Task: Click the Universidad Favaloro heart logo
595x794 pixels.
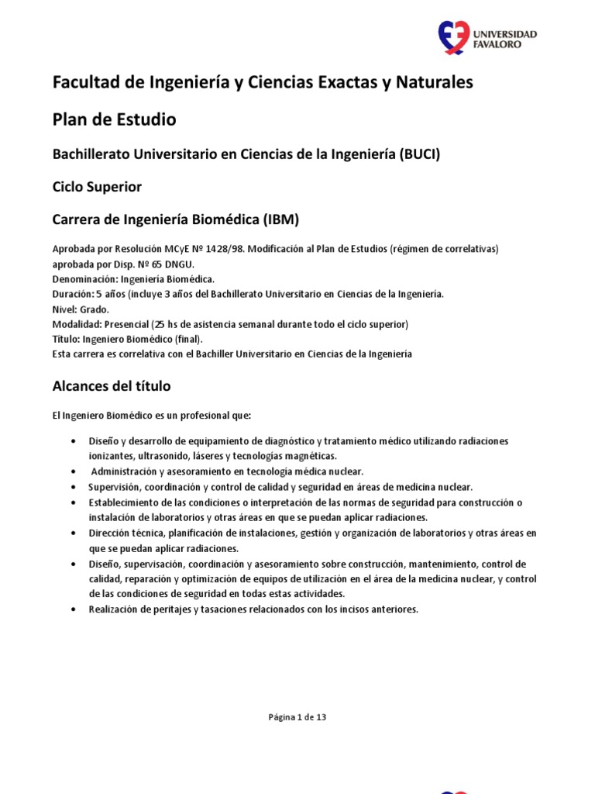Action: [x=454, y=38]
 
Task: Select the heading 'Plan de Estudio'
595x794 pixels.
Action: [x=114, y=119]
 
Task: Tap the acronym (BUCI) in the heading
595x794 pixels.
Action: [x=419, y=154]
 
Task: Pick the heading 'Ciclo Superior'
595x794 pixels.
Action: [x=97, y=187]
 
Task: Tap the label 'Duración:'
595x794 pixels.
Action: [x=72, y=293]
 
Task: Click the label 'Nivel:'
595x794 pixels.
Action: [x=64, y=309]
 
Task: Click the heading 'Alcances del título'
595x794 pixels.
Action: [x=112, y=385]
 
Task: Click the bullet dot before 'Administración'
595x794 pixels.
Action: [x=72, y=471]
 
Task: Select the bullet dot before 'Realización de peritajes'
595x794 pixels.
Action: [x=72, y=609]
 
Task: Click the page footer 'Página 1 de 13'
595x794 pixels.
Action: [x=297, y=717]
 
